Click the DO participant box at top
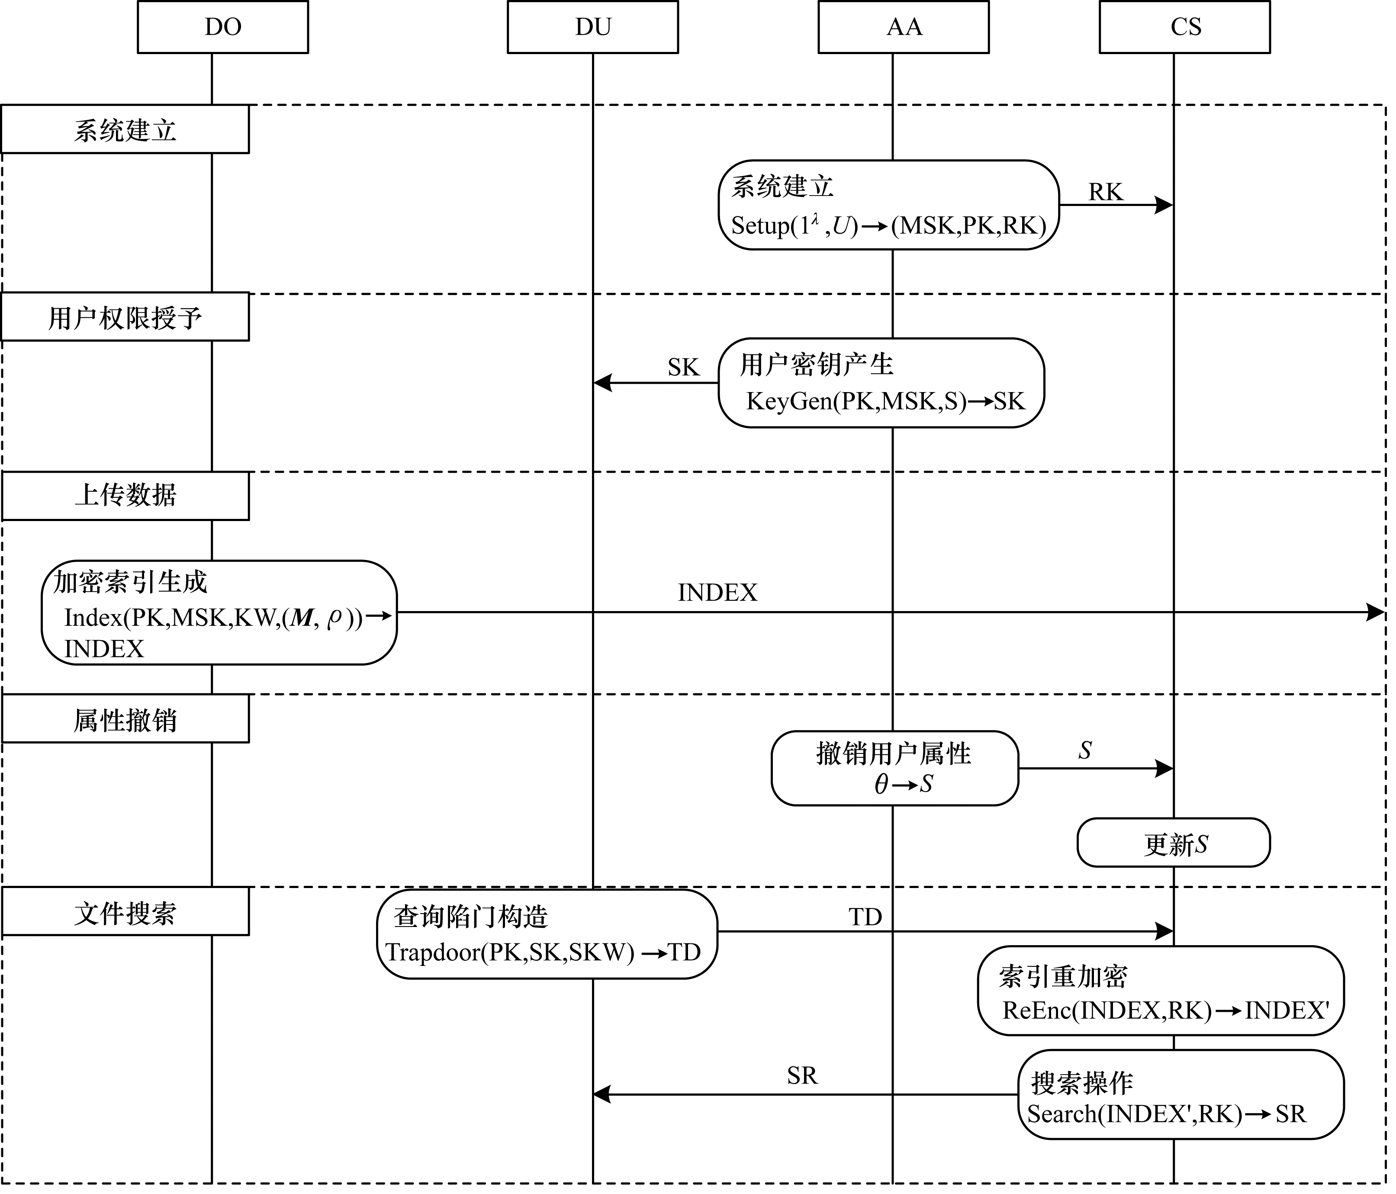tap(222, 27)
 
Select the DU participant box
tap(592, 27)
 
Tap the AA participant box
tap(904, 27)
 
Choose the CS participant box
tap(1184, 27)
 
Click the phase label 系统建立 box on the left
tap(125, 129)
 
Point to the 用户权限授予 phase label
tap(125, 317)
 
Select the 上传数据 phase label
tap(125, 495)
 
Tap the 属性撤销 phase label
tap(125, 720)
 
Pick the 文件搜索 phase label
tap(125, 912)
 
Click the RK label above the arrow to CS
tap(1105, 193)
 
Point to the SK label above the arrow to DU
tap(683, 368)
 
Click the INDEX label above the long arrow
tap(717, 593)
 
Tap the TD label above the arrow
tap(865, 917)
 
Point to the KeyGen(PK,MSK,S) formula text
tap(885, 402)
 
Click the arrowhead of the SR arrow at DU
tap(601, 1094)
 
